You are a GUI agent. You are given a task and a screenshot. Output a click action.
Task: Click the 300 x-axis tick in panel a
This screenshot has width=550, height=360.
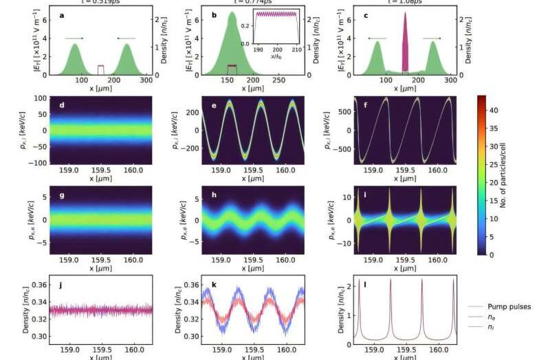(146, 80)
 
